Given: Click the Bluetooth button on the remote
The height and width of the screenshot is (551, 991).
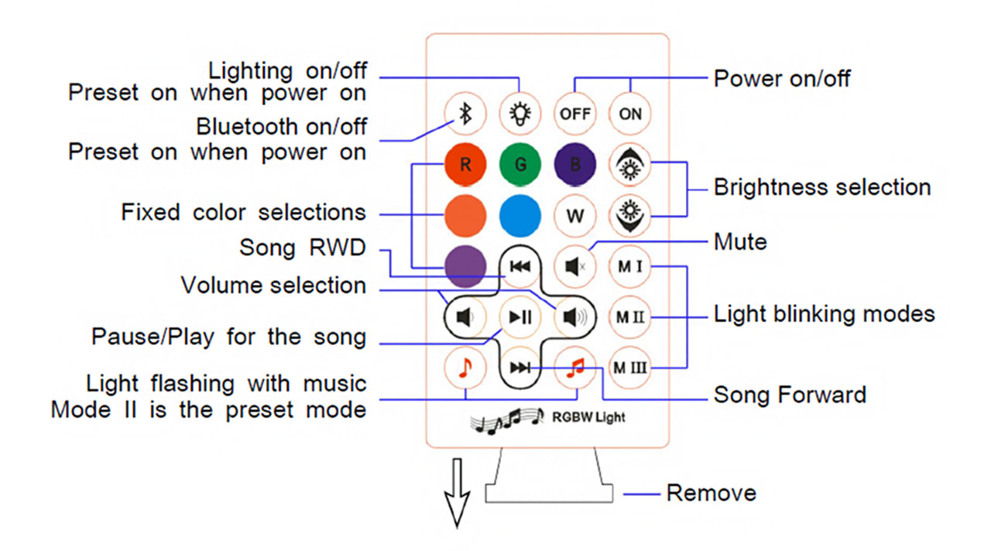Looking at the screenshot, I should [465, 114].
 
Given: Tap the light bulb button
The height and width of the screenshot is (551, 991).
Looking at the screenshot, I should [520, 114].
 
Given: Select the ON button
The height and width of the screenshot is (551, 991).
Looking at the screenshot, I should [630, 114].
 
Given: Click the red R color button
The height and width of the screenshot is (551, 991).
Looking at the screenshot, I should [465, 164].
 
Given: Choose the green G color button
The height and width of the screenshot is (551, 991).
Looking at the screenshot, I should [520, 164].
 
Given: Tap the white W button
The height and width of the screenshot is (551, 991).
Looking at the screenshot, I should [575, 215].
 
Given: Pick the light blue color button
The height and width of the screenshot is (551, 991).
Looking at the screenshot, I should [520, 215].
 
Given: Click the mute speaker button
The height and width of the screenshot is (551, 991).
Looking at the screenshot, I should [575, 267].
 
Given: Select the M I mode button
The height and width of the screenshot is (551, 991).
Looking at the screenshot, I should [630, 267].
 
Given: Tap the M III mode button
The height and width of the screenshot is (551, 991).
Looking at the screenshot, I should [630, 368].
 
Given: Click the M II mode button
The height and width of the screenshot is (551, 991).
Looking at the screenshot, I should [630, 317].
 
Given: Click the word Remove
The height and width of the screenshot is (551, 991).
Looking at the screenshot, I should [711, 493].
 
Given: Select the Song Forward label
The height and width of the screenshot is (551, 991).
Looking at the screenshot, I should [790, 395].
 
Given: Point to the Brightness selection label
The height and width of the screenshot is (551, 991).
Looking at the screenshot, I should [821, 187].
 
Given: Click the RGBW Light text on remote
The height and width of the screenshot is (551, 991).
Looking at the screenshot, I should [588, 417].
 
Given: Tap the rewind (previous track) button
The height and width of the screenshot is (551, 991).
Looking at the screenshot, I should [520, 267].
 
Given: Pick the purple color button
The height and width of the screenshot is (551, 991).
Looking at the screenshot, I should [465, 267].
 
